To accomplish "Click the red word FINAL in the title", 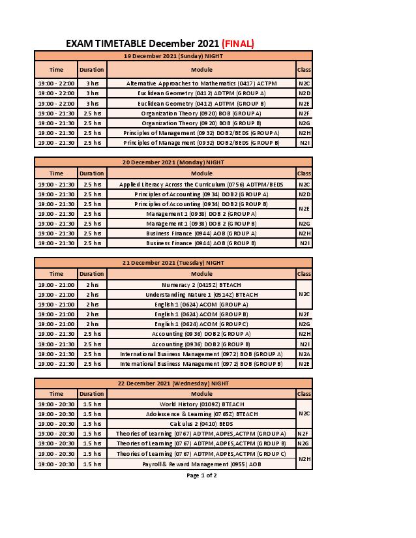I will coord(238,44).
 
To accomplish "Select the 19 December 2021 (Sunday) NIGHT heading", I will coord(173,56).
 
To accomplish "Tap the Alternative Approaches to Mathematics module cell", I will coord(201,83).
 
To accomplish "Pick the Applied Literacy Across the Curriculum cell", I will coord(201,185).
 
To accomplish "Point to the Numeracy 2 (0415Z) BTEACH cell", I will coord(201,285).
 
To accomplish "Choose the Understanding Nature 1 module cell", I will coord(201,295).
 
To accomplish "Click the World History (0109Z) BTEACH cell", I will coord(201,404).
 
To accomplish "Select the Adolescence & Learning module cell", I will coord(201,414).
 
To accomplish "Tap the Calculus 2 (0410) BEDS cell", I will coord(201,424).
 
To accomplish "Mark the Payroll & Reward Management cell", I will coord(201,464).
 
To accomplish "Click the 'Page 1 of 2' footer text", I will coord(201,475).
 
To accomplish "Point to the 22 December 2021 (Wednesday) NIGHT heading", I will coord(173,383).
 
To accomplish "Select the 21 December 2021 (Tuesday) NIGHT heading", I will coord(173,263).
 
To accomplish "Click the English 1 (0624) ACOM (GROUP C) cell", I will coord(201,324).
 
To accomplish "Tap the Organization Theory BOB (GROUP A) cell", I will coord(201,113).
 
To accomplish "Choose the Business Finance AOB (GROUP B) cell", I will coord(201,243).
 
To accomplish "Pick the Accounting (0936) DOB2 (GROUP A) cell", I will coord(201,334).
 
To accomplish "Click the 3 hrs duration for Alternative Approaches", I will coord(92,83).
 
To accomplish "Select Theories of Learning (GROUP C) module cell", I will coord(201,454).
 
